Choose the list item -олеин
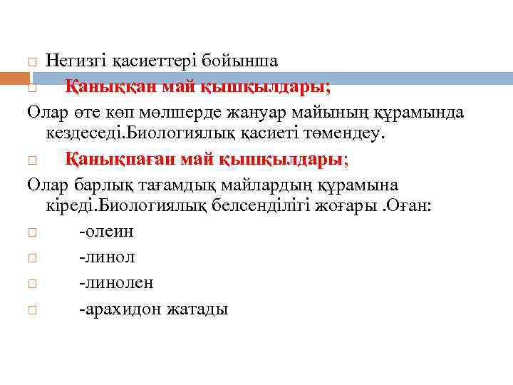point(106,231)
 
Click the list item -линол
point(107,257)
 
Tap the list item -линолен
point(116,283)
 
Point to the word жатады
point(197,309)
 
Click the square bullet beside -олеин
point(31,232)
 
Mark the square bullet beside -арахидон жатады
point(31,309)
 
